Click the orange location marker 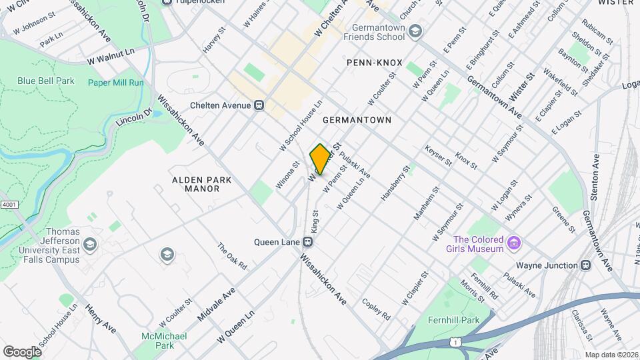(320, 159)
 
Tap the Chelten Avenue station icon (260, 105)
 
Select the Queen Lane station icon (307, 242)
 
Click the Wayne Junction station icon (586, 265)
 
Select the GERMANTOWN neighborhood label (356, 120)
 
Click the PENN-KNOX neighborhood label (374, 63)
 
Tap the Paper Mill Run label (115, 83)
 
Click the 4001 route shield (9, 205)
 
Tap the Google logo (21, 351)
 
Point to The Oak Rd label (232, 256)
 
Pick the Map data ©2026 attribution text (611, 355)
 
